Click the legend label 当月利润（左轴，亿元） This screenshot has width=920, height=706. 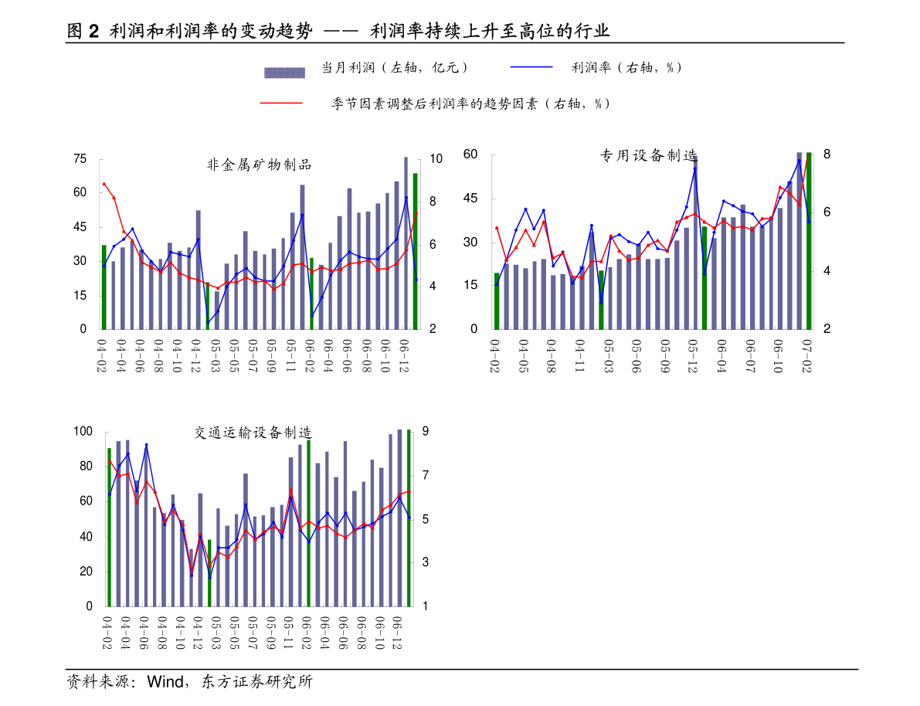(402, 67)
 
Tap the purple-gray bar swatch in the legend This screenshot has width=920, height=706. (284, 73)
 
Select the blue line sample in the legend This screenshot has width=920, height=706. (531, 67)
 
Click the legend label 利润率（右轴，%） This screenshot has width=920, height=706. (624, 67)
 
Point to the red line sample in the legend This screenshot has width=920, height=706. (281, 103)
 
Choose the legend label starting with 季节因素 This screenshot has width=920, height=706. (496, 104)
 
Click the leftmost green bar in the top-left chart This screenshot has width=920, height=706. (104, 287)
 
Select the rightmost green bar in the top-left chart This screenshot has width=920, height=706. (415, 251)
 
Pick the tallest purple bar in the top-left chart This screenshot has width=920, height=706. (406, 243)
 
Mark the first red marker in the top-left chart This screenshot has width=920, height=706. (104, 184)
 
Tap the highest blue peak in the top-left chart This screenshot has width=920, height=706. (406, 198)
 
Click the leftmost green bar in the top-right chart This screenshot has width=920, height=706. (497, 301)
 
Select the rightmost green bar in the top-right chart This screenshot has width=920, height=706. (809, 241)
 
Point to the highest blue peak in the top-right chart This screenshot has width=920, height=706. (695, 168)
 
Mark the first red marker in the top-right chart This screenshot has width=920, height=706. (497, 228)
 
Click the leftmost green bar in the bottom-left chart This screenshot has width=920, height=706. (110, 527)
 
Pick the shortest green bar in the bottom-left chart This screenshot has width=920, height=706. (209, 572)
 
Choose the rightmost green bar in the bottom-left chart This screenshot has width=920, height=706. (409, 518)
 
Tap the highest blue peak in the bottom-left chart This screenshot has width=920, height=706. (146, 445)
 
